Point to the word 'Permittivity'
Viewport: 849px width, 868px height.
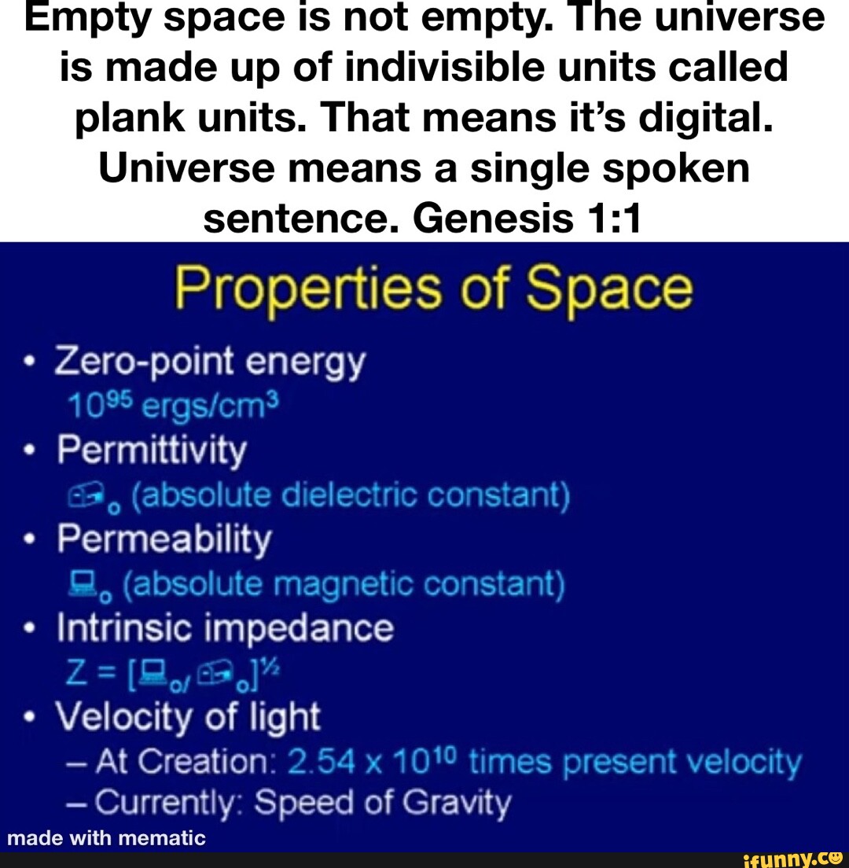click(151, 451)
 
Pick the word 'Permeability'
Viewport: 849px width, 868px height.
click(164, 539)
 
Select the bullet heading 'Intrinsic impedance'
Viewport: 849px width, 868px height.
click(225, 628)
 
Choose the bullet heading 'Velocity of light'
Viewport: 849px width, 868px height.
click(189, 717)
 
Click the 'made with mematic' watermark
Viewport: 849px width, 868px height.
click(105, 839)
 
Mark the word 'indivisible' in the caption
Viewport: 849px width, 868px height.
click(387, 68)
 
